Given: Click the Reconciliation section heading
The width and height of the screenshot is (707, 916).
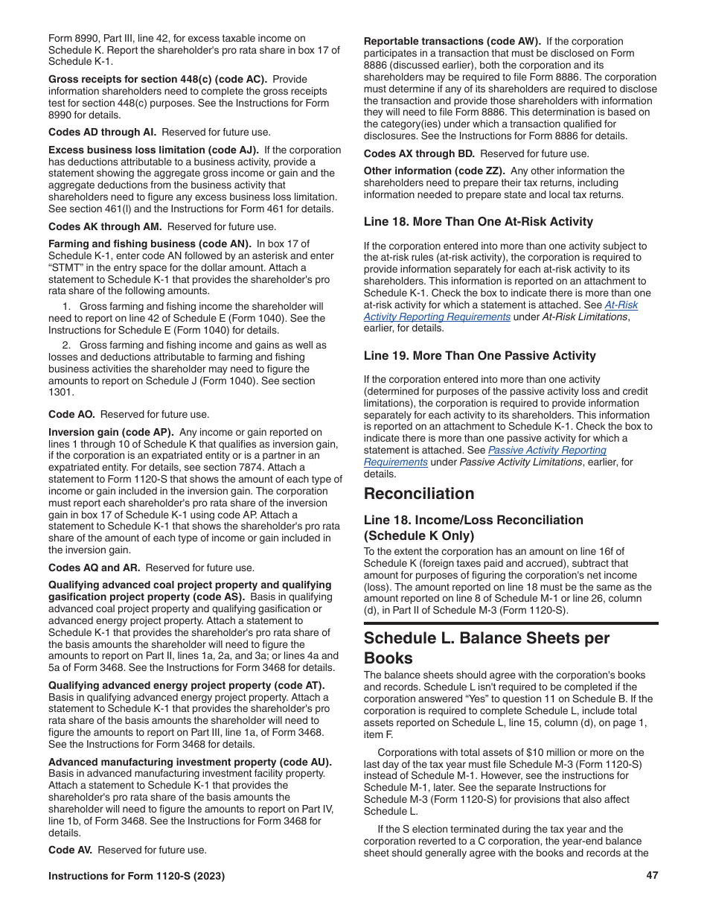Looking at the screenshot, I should pos(418,494).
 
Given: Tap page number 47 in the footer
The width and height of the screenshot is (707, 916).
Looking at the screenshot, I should pos(652,876).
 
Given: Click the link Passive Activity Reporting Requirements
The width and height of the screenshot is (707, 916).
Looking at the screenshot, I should pos(547,450).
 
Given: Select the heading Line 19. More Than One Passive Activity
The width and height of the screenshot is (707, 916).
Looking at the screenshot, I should pos(479,356).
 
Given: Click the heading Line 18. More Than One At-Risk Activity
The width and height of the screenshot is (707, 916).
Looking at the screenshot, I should pos(478,221).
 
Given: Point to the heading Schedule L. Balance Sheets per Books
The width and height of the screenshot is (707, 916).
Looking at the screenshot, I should pos(486,648).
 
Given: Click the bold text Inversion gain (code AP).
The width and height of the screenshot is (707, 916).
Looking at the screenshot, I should pos(111,432).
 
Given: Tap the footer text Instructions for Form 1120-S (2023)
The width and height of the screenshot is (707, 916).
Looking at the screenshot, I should pos(136,877).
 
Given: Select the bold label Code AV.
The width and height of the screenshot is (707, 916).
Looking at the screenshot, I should pos(71,850).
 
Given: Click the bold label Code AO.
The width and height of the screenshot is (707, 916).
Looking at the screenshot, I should pos(72,414).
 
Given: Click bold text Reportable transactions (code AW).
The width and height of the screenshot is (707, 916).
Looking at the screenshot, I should pos(452,42).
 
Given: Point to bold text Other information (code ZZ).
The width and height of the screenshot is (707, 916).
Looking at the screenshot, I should pos(434,171).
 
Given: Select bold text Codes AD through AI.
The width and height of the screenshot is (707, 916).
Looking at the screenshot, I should pos(102,132).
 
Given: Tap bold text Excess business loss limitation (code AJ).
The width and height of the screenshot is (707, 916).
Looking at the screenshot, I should pos(153,150).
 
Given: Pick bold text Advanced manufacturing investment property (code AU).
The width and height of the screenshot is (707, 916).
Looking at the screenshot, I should pos(190,762).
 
